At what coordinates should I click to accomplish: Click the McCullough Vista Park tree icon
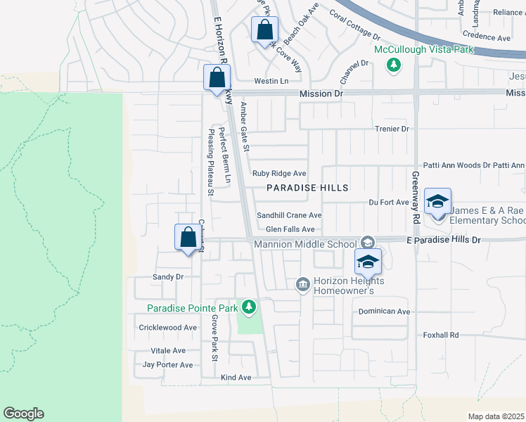(394, 65)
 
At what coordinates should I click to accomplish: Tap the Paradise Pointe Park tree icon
(248, 307)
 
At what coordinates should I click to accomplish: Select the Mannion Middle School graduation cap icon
(367, 243)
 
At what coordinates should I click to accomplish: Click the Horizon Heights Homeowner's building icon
(303, 283)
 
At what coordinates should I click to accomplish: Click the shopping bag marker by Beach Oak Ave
(264, 30)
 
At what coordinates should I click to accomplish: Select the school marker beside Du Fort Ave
(437, 202)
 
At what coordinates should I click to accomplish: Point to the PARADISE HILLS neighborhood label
(307, 188)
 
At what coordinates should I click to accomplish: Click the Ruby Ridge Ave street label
(279, 173)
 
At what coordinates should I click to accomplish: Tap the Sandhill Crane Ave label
(288, 215)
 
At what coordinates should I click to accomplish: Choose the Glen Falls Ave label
(290, 229)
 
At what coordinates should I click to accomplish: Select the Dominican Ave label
(384, 311)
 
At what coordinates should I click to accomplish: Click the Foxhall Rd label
(441, 335)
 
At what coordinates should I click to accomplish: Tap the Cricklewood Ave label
(168, 328)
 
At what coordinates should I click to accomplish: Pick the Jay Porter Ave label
(167, 365)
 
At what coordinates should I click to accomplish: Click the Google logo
(23, 414)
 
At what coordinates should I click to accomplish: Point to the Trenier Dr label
(392, 129)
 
